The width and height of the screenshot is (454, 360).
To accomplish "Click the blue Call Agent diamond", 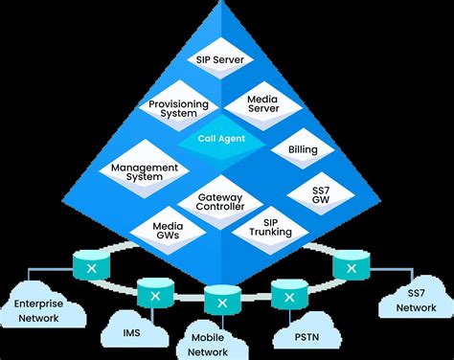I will pos(221,139).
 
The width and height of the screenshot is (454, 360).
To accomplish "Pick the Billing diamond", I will pos(296,149).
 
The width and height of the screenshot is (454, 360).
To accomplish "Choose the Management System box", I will pos(146,172).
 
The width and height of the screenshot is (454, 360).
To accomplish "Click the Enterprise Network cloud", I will pos(40,305).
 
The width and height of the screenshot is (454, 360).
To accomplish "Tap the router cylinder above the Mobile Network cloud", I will pos(221,302).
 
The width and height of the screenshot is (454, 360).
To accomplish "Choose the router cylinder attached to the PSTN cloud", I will pos(287,289).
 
